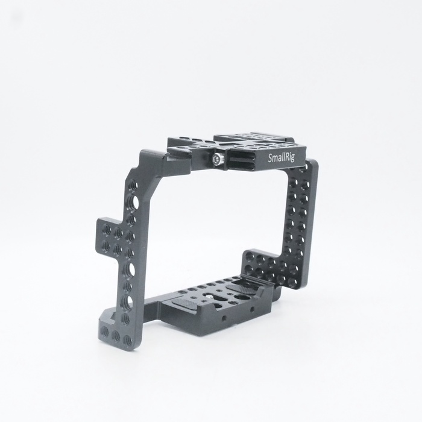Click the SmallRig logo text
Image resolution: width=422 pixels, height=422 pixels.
point(282,157)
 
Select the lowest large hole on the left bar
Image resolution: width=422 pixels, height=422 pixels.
point(127,301)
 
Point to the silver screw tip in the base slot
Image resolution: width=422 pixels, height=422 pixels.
point(209,296)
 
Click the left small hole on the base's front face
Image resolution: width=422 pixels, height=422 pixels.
point(224,318)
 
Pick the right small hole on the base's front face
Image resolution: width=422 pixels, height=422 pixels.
point(252,308)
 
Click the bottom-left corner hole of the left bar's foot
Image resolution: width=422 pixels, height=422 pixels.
point(105,332)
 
